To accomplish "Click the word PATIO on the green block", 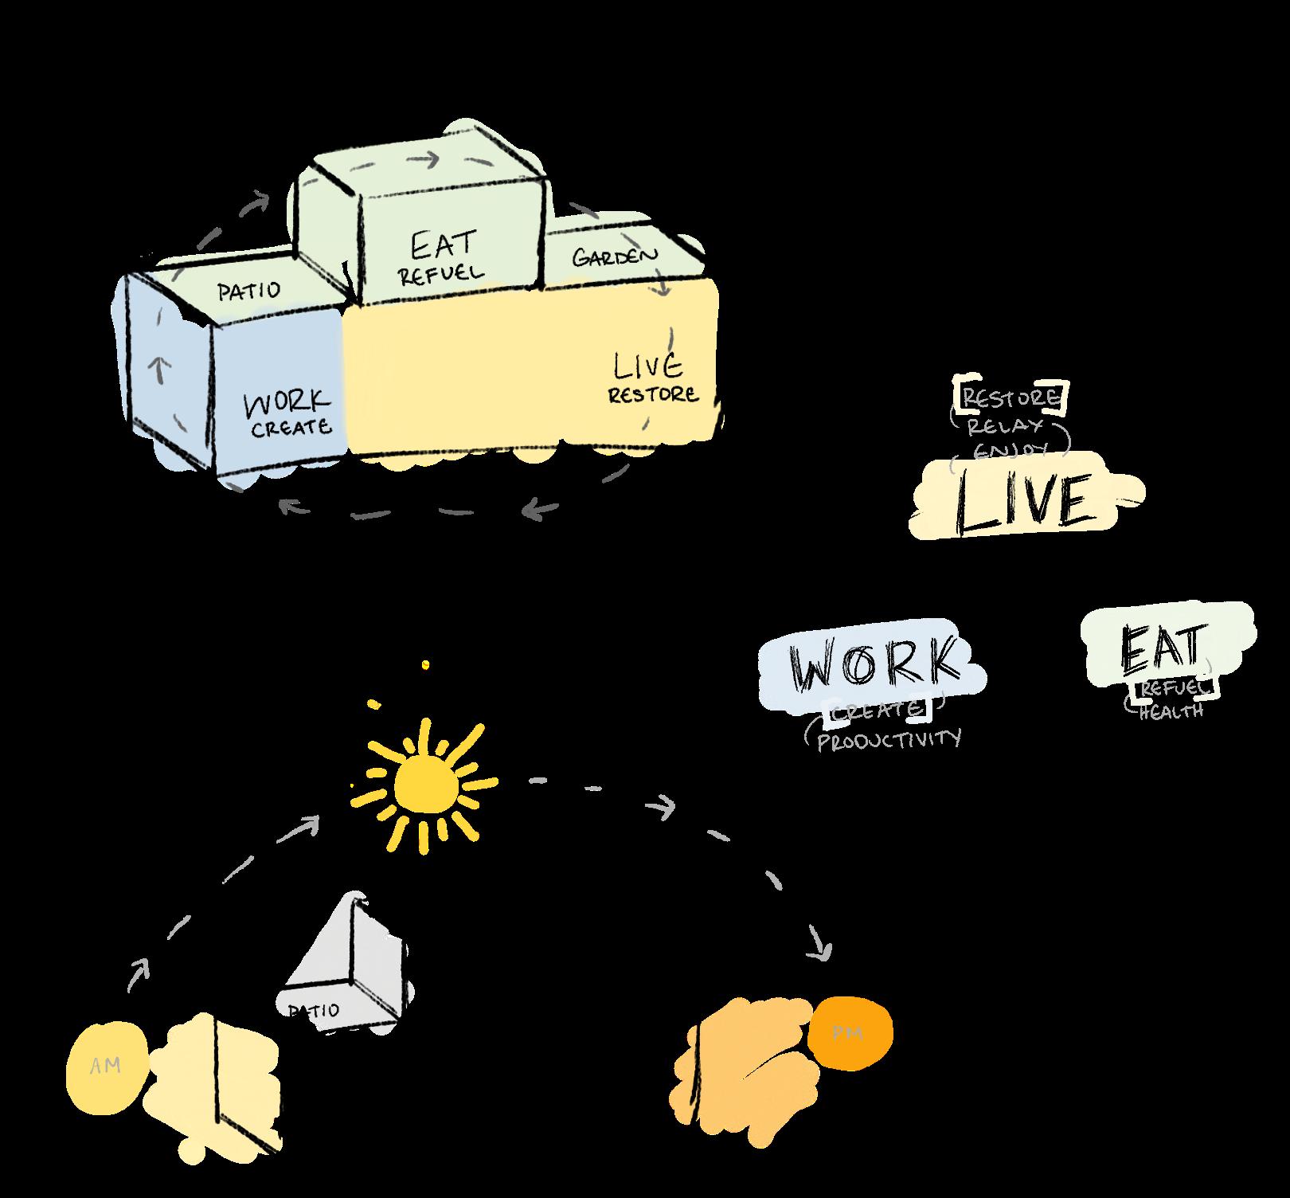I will click(249, 291).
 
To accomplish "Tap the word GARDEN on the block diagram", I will click(616, 256).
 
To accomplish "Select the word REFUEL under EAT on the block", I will click(441, 274).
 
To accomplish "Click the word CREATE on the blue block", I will click(291, 428).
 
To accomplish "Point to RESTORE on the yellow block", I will click(654, 394).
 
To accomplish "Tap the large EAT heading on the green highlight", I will click(1163, 648).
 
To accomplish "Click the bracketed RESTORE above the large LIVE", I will click(1012, 397).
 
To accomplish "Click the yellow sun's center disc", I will click(426, 783).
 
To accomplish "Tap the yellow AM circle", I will click(105, 1066).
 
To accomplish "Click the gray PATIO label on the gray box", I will click(314, 1011).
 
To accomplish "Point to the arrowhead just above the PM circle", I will click(821, 945).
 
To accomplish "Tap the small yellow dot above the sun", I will click(425, 664).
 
